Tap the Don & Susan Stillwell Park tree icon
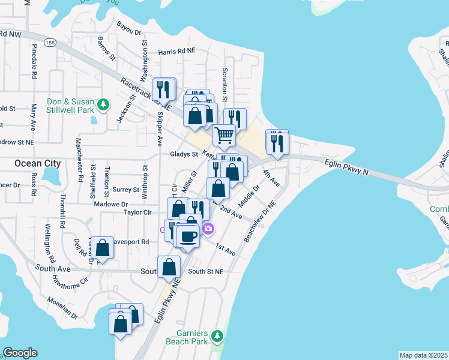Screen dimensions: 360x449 [104, 104]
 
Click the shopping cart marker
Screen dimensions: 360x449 [224, 136]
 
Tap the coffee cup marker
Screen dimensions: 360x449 [188, 236]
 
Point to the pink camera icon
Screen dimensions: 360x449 [208, 229]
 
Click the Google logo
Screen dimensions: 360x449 [20, 353]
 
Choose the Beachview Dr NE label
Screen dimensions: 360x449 [259, 222]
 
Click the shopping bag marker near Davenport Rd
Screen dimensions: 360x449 [103, 248]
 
